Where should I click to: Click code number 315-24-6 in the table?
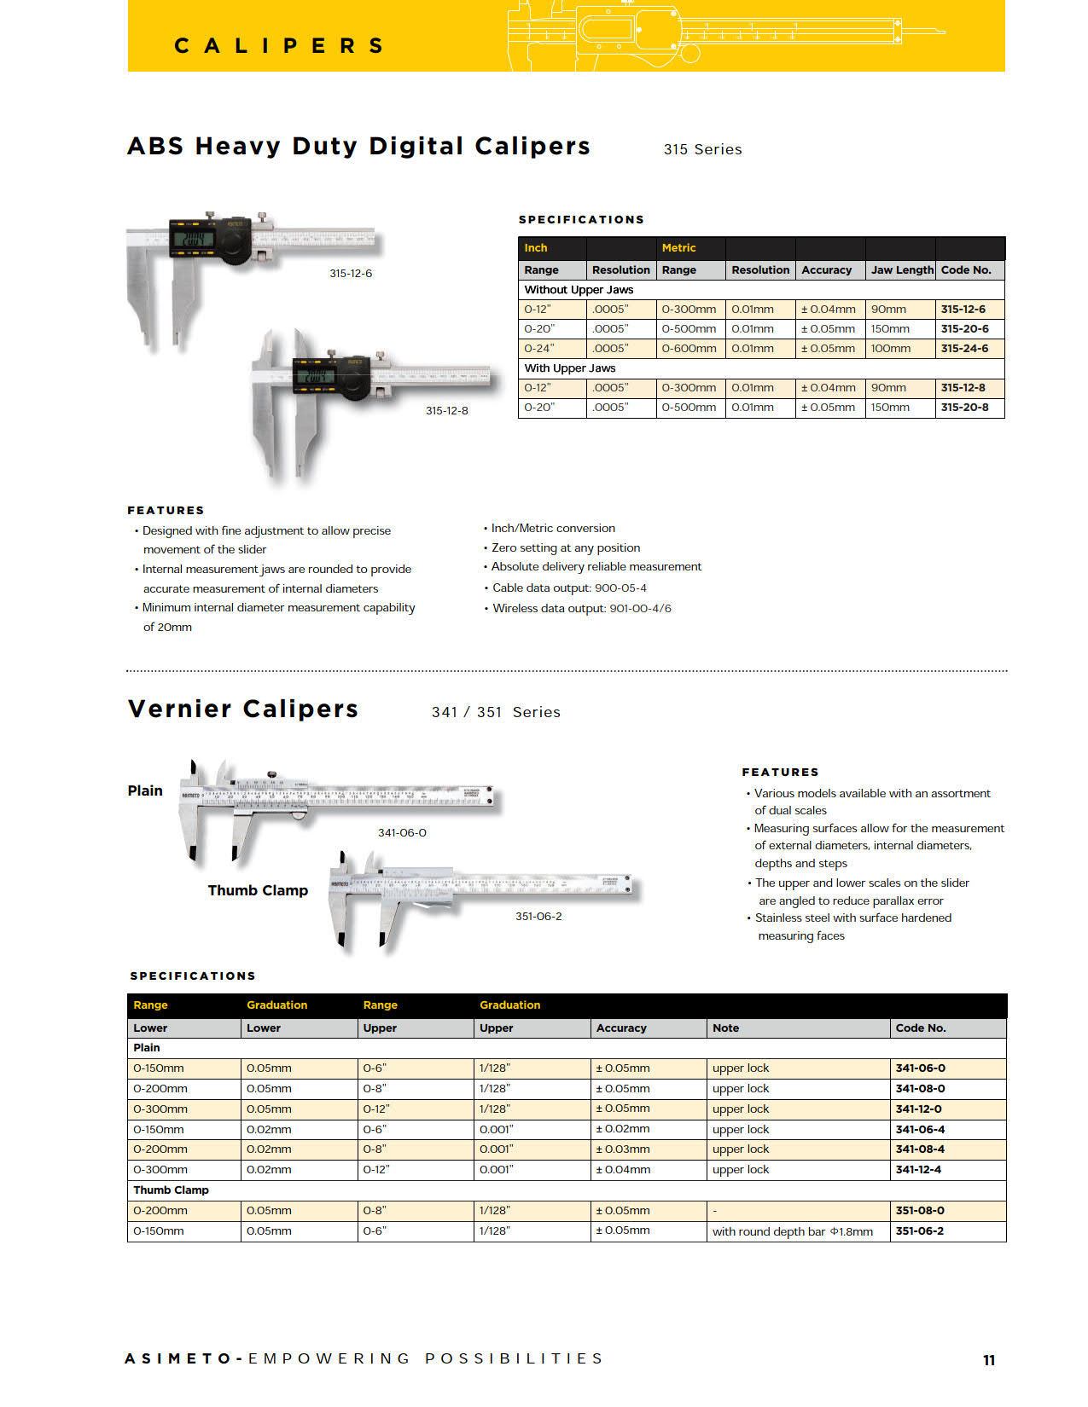964,348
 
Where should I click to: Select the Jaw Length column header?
901,269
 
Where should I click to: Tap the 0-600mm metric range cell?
689,348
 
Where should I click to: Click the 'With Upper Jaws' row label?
569,368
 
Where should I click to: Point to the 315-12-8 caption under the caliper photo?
446,410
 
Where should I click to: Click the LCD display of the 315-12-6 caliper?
194,238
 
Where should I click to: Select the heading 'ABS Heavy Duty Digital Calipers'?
358,146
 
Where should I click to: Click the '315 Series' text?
702,149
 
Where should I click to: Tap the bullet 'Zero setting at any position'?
565,547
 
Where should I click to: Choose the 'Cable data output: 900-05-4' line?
568,588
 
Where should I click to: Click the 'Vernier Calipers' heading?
243,709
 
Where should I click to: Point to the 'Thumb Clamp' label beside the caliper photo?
258,889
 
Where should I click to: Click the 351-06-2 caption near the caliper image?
538,916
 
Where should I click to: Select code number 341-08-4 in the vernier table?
920,1149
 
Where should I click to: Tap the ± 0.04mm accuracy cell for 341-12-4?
623,1169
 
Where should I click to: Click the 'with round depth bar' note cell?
792,1230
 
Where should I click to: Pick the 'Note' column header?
725,1028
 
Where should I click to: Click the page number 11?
989,1359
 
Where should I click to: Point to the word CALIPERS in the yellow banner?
279,45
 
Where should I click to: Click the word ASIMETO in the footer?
178,1358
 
